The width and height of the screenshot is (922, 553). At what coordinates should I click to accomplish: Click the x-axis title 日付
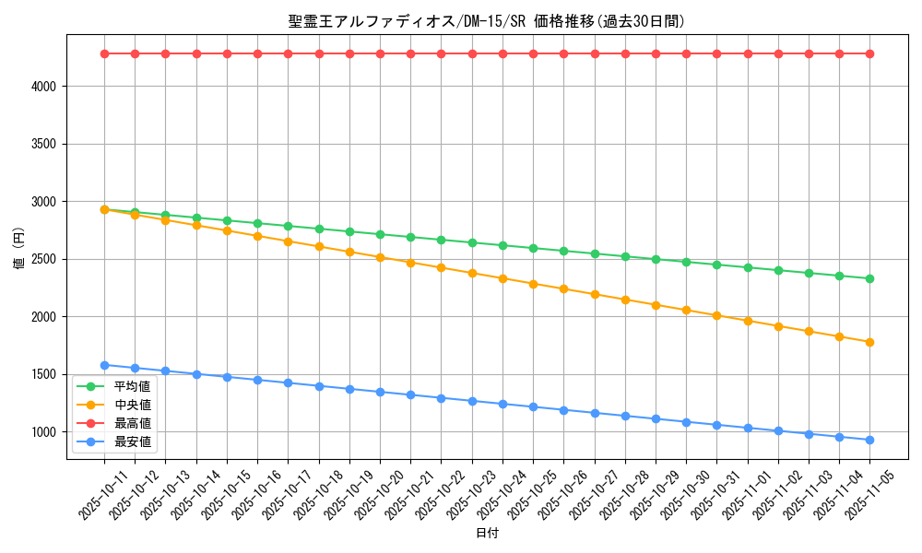click(487, 534)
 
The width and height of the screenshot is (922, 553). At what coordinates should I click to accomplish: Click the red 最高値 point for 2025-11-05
click(869, 53)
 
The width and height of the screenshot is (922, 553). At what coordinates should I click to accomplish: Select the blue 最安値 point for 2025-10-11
click(104, 365)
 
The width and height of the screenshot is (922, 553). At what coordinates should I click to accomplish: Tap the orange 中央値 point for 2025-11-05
click(869, 342)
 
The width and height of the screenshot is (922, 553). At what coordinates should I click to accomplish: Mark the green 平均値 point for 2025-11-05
click(869, 278)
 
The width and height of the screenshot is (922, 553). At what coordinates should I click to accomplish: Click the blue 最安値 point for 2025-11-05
click(869, 440)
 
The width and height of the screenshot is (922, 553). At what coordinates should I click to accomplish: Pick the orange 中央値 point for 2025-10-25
click(533, 284)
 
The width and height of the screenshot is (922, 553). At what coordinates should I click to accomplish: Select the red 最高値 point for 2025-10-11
click(104, 53)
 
